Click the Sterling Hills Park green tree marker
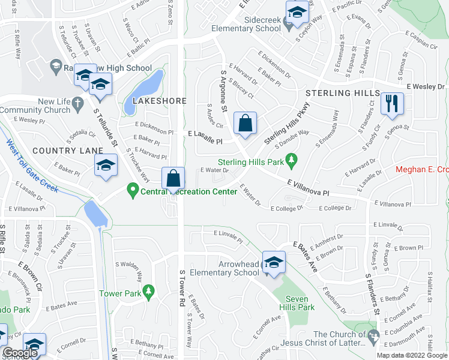click(291, 160)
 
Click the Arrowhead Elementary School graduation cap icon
click(274, 262)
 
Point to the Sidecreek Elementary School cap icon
click(297, 11)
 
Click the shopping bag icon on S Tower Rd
click(173, 178)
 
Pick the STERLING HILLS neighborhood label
click(342, 94)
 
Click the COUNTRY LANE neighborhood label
click(64, 150)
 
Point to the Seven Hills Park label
click(300, 303)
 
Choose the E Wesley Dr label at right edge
click(425, 86)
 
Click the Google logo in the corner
click(20, 353)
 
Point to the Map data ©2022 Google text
click(412, 355)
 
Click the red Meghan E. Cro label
click(423, 169)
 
